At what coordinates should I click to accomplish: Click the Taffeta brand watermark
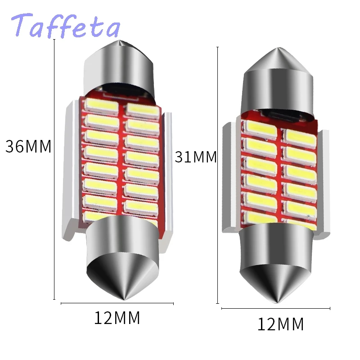[x=66, y=26]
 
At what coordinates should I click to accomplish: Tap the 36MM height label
[x=28, y=147]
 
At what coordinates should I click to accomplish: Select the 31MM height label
[x=196, y=157]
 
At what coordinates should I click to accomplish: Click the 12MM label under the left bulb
[x=117, y=318]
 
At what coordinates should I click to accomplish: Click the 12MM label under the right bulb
[x=280, y=324]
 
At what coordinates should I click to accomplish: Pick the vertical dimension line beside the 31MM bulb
[x=218, y=175]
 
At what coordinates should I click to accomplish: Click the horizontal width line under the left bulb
[x=117, y=304]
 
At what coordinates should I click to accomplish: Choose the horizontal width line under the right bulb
[x=276, y=309]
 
